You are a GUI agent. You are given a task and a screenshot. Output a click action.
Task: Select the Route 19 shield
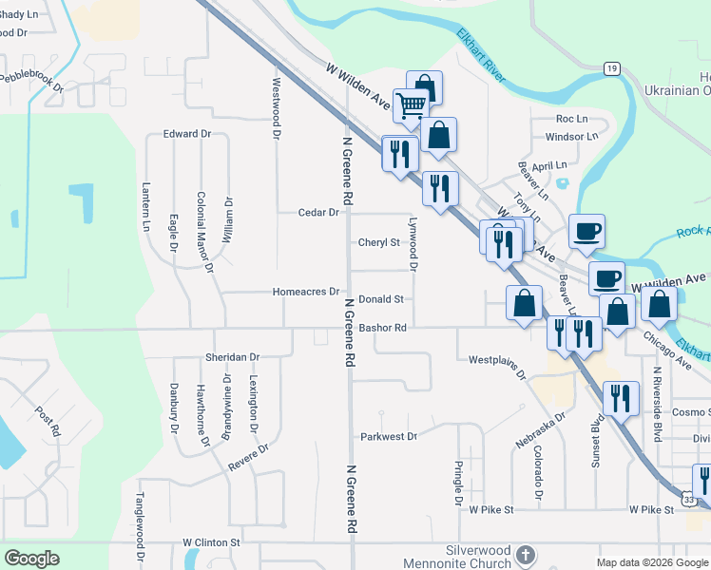point(613,68)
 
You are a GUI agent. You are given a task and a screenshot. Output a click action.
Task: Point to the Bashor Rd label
point(383,328)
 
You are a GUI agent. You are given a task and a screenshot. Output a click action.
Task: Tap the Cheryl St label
point(378,242)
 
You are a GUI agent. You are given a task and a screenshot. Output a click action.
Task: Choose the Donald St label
point(381,298)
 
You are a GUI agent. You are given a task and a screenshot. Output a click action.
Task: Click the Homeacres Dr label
point(305,292)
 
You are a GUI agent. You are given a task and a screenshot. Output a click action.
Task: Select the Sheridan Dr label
point(232,357)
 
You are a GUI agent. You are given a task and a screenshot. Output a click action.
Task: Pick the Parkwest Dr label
point(389,437)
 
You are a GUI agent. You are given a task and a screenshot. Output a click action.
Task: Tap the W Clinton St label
point(212,542)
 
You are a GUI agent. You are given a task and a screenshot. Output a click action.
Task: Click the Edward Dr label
point(186,134)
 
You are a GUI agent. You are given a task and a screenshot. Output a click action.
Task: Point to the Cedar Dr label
point(318,213)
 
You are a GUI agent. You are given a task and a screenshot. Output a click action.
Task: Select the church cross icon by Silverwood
point(528,555)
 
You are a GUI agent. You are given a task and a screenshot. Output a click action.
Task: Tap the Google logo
point(32,559)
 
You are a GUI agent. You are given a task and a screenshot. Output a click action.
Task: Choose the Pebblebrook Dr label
point(32,80)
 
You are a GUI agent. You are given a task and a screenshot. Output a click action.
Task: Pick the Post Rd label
point(48,421)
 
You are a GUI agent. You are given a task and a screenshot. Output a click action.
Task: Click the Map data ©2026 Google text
point(651,562)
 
